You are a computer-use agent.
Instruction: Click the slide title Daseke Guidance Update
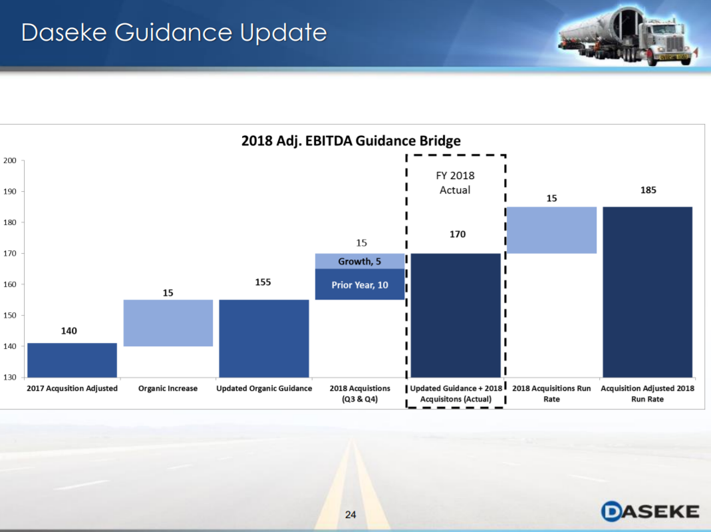click(174, 33)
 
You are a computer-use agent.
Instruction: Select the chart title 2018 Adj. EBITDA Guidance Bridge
click(351, 140)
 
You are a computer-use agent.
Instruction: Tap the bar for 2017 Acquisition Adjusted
click(72, 360)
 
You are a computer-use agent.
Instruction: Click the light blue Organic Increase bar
click(168, 323)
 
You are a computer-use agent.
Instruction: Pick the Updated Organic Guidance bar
click(263, 338)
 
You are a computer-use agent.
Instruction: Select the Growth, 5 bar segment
click(359, 261)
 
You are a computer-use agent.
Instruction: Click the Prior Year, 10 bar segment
click(359, 285)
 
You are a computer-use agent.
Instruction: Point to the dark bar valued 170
click(456, 315)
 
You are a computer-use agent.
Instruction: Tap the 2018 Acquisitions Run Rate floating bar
click(551, 230)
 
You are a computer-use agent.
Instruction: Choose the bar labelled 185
click(647, 292)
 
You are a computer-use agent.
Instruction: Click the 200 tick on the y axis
click(9, 160)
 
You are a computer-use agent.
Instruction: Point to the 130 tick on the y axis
click(9, 377)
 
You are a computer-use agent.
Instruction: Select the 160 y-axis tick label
click(9, 284)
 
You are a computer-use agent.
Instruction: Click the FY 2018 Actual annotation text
click(456, 183)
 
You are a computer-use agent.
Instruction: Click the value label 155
click(263, 282)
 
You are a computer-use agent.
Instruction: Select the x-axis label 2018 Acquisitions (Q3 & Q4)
click(359, 394)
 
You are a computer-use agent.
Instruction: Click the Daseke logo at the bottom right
click(650, 511)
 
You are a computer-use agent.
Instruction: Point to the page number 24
click(351, 515)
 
